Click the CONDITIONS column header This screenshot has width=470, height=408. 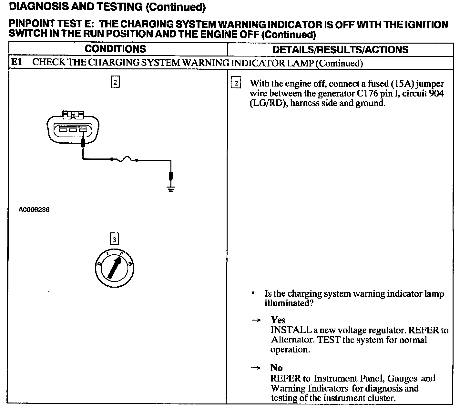pyautogui.click(x=115, y=49)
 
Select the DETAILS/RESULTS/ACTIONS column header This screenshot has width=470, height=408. pyautogui.click(x=340, y=50)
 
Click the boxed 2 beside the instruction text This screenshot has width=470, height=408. pyautogui.click(x=236, y=84)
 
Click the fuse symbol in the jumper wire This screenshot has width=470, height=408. pyautogui.click(x=125, y=159)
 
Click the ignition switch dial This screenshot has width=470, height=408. pyautogui.click(x=115, y=268)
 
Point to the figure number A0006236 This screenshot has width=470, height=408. pyautogui.click(x=34, y=210)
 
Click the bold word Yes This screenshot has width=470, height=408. pyautogui.click(x=278, y=320)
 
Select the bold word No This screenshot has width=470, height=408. pyautogui.click(x=276, y=368)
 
